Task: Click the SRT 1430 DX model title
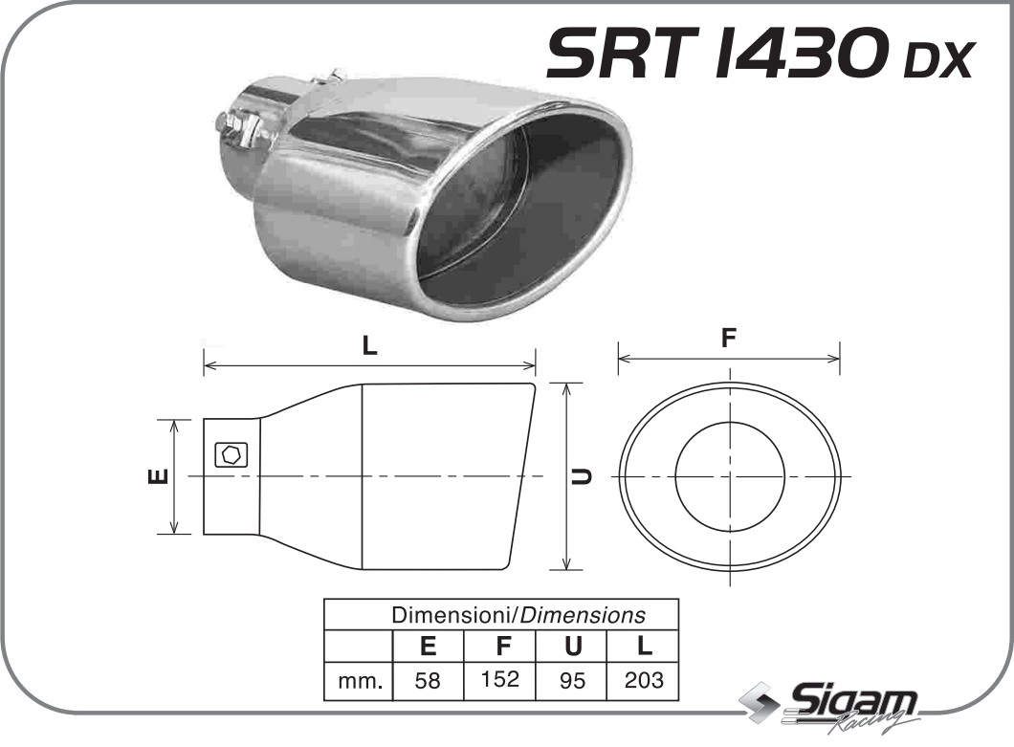coord(759,55)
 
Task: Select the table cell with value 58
coord(429,682)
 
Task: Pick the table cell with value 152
coord(500,680)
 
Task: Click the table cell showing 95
coord(572,682)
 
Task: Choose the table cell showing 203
coord(643,682)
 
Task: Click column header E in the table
coord(429,647)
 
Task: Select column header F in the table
coord(500,647)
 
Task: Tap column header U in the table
coord(572,647)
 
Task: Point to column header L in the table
coord(643,647)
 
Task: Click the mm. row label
coord(360,682)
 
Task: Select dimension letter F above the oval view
coord(729,338)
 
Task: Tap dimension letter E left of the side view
coord(160,475)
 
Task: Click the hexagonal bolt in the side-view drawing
coord(231,454)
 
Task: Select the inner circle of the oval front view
coord(729,475)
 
